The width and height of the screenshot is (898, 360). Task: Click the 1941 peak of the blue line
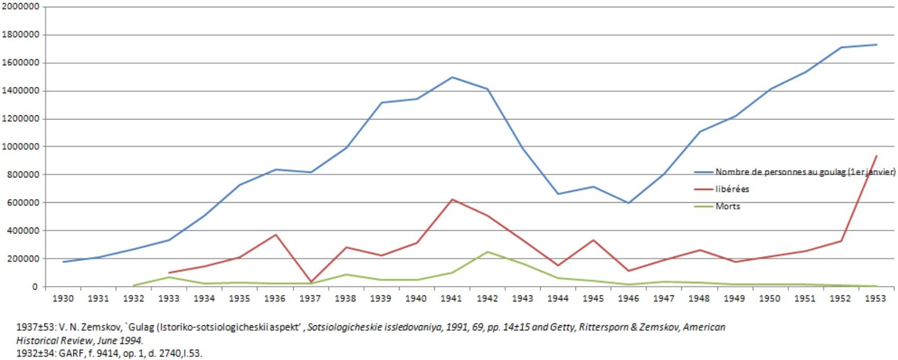point(452,77)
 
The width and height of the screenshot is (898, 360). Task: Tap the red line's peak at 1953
point(876,156)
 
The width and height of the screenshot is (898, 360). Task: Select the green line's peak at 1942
point(488,252)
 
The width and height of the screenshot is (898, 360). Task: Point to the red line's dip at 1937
point(311,282)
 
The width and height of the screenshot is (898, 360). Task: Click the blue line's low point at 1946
point(629,203)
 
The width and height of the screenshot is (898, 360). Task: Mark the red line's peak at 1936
point(276,235)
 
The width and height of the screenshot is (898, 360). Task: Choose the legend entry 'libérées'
point(732,189)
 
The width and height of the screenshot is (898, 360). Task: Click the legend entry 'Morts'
point(727,206)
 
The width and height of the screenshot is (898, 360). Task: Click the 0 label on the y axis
point(35,287)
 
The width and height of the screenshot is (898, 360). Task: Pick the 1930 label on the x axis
point(63,298)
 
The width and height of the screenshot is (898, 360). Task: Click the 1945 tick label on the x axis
point(593,298)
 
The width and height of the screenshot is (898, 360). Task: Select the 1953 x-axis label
point(876,298)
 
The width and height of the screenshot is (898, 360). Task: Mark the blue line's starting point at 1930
point(63,262)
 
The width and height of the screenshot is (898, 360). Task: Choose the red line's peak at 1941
point(452,199)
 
